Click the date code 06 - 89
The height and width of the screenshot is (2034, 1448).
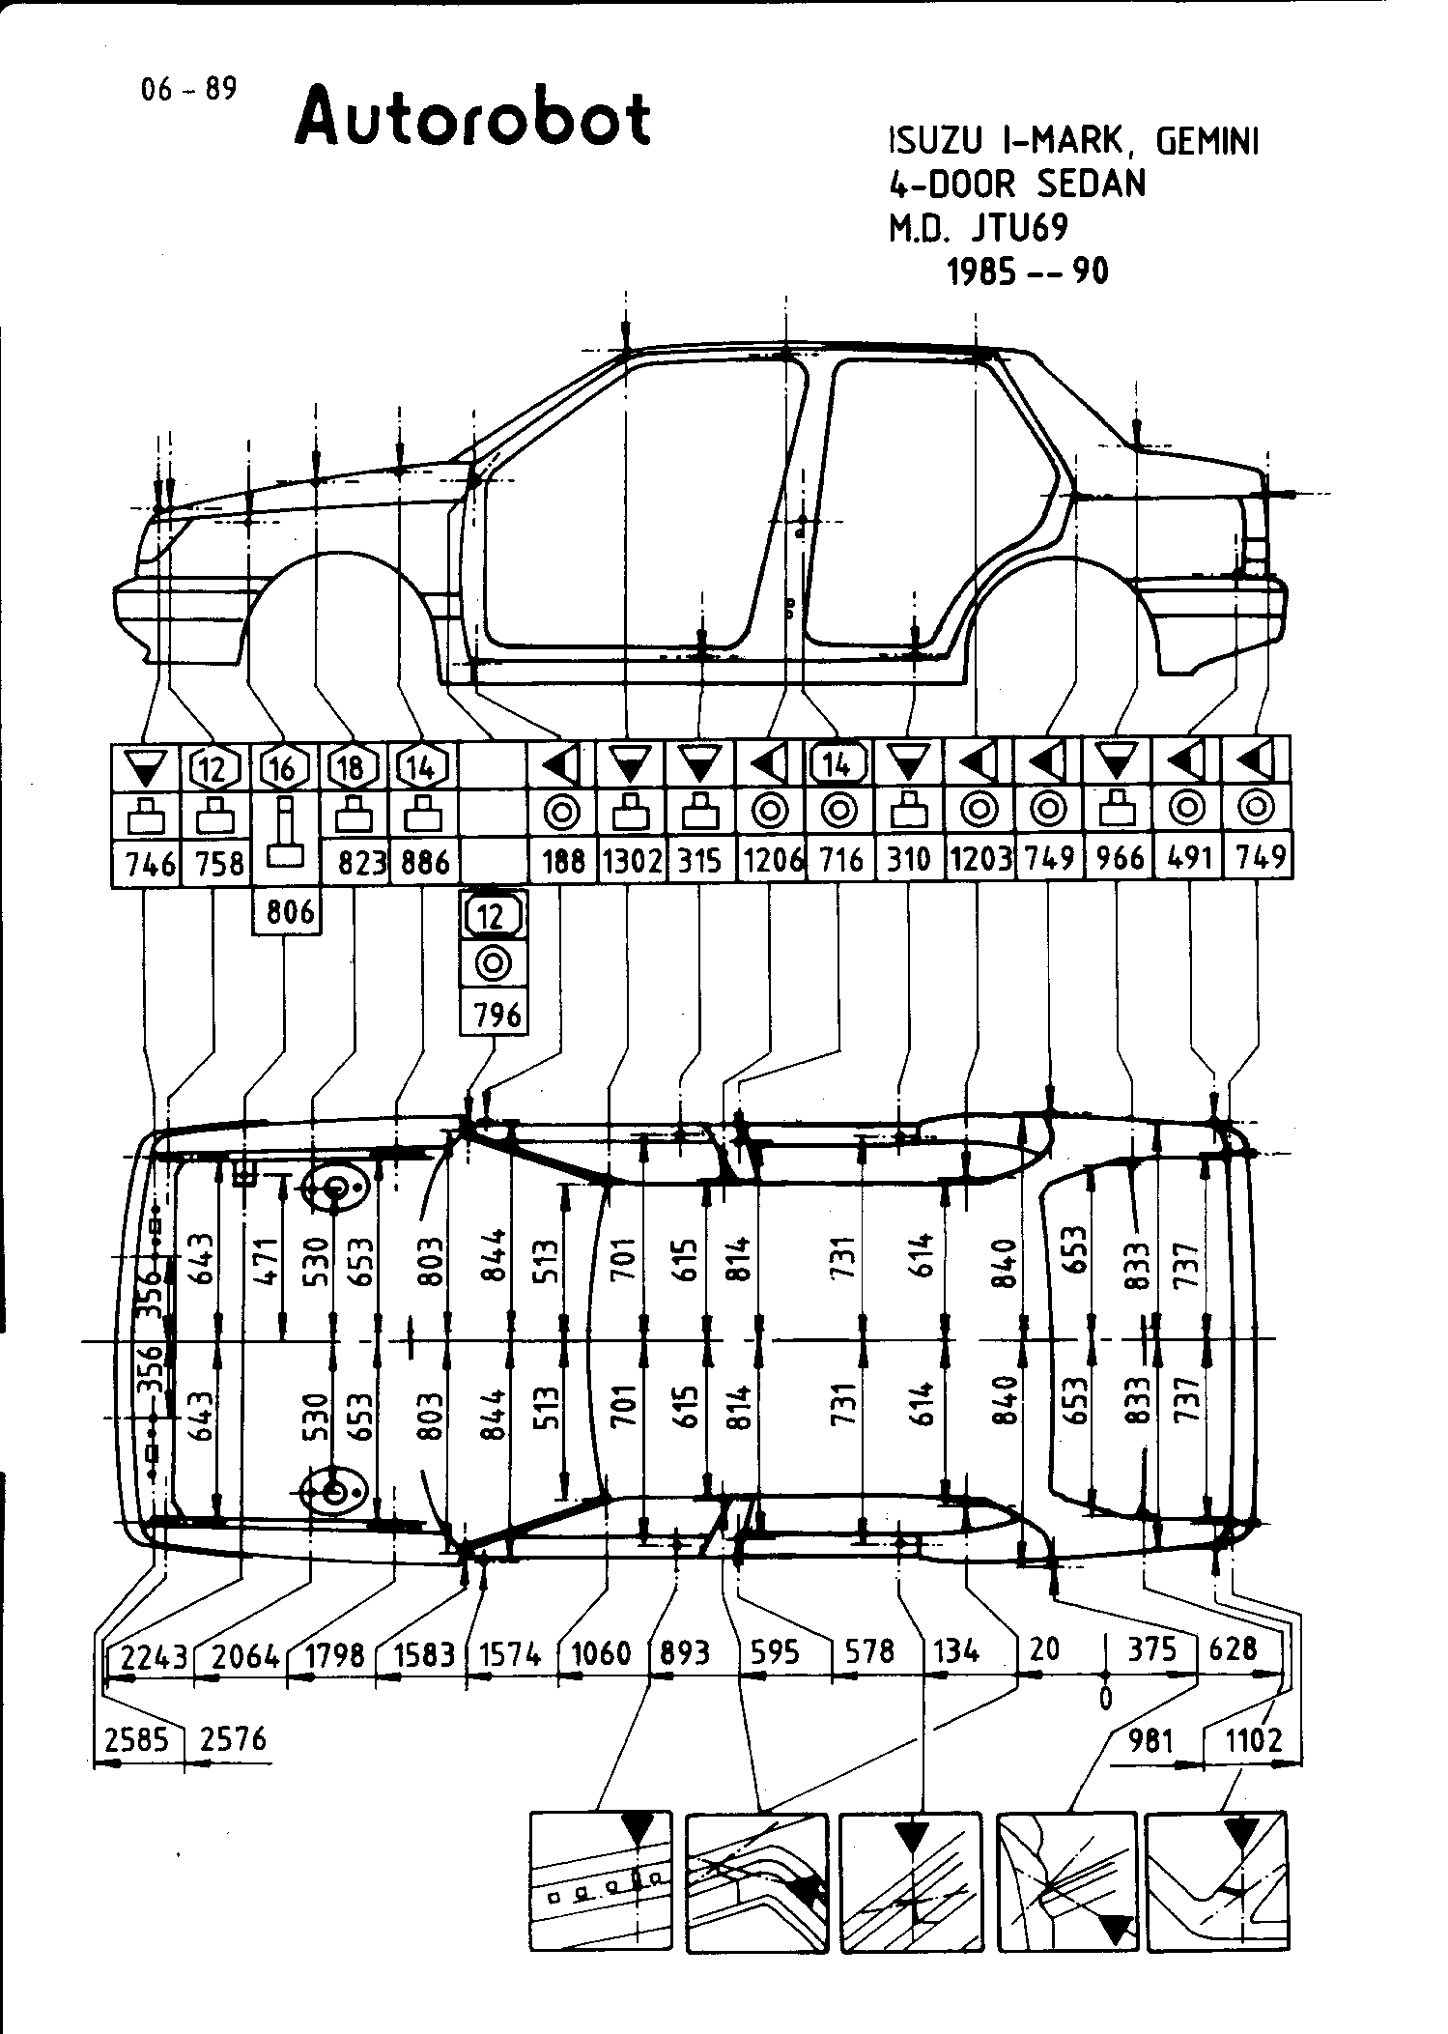(187, 90)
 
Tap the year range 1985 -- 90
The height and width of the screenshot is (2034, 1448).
(1027, 272)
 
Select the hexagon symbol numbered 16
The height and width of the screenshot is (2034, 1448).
(282, 768)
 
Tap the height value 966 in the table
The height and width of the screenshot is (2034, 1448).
(1119, 859)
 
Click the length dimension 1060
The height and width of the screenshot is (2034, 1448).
(601, 1653)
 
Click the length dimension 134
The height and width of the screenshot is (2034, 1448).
(956, 1651)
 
